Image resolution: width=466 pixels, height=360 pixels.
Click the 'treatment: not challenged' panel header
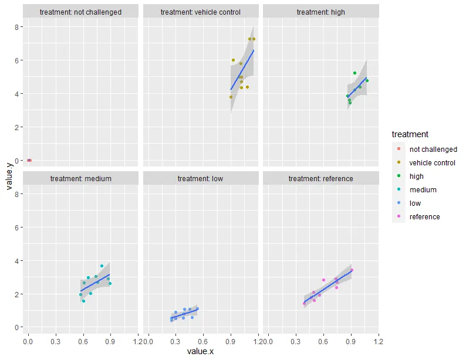point(82,12)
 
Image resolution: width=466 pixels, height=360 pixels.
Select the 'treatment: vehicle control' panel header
point(201,12)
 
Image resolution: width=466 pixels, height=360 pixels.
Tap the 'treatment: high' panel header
point(320,12)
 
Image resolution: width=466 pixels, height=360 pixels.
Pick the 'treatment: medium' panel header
point(81,178)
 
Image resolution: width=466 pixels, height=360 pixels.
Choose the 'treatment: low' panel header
point(201,178)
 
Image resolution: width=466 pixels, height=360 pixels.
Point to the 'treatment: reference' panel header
point(320,178)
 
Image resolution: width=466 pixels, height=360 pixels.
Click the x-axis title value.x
point(201,351)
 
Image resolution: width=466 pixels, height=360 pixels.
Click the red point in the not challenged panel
point(29,160)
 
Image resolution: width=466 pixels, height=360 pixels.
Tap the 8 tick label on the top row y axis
point(19,27)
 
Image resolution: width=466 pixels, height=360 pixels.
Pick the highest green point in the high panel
point(355,73)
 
